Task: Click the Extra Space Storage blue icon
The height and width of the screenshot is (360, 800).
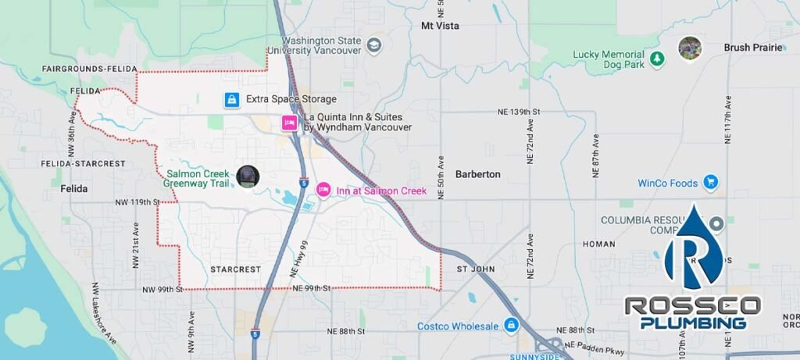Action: (231, 99)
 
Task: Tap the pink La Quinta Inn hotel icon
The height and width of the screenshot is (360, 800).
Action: (288, 123)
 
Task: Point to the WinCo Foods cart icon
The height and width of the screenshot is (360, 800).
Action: (710, 183)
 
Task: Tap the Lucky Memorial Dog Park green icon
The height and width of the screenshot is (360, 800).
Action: (658, 58)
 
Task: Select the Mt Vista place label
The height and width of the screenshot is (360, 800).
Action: (440, 26)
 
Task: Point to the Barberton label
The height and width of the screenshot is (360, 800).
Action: (477, 174)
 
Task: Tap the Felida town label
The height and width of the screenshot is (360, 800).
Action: (74, 188)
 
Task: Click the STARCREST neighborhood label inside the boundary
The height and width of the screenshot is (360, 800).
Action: (234, 269)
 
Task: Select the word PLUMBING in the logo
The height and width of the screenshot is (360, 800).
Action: (692, 323)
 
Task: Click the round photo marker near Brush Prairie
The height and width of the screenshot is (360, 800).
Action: (690, 48)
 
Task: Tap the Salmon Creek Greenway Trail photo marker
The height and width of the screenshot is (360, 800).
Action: (248, 176)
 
